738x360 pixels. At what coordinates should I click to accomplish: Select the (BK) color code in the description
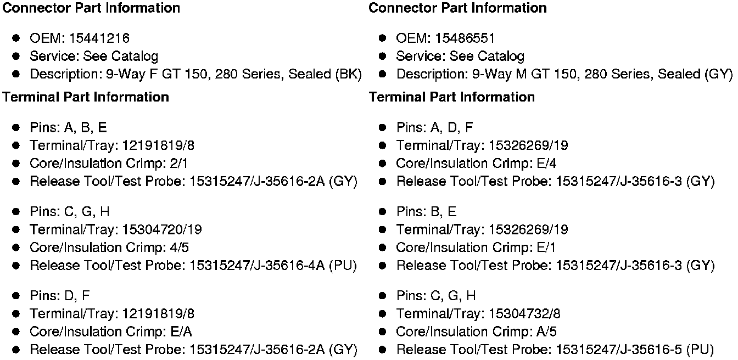click(x=348, y=74)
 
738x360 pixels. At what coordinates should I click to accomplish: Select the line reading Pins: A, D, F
click(x=434, y=128)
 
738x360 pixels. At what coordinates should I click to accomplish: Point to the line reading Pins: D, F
click(x=59, y=296)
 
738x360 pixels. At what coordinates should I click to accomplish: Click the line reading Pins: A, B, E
click(x=68, y=128)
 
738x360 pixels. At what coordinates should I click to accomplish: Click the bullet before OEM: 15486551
click(x=383, y=38)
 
